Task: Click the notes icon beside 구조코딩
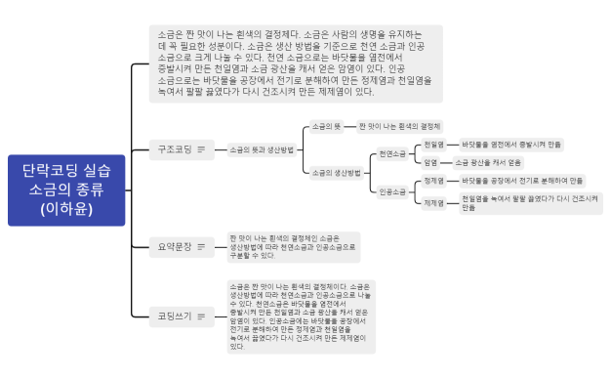[x=201, y=149]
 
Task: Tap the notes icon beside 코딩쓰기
[x=201, y=315]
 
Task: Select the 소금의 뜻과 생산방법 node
[x=261, y=149]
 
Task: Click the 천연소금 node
[x=392, y=153]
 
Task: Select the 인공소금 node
[x=392, y=191]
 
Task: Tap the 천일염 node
[x=433, y=144]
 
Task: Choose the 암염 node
[x=430, y=162]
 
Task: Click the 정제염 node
[x=433, y=181]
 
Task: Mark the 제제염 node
[x=433, y=202]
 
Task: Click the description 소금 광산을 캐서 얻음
[x=488, y=162]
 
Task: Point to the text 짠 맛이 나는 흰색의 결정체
[x=400, y=127]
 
